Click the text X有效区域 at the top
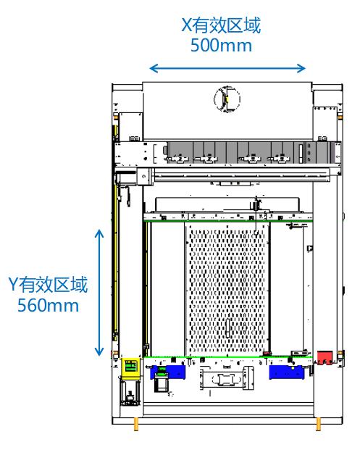pos(221,25)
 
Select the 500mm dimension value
pos(221,46)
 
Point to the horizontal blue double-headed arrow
pos(227,68)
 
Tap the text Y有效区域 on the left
pos(48,285)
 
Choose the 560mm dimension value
pos(48,305)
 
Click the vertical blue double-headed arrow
pos(99,293)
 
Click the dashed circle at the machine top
pos(227,99)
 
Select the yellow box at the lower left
pos(130,368)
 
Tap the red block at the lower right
pos(325,358)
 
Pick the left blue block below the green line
pos(168,372)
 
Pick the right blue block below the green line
pos(286,372)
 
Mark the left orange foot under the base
pos(135,424)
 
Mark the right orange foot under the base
pos(319,424)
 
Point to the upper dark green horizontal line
pos(227,221)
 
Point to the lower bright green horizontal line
pos(227,357)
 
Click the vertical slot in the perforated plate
pos(227,328)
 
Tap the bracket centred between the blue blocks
pos(227,378)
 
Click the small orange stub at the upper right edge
pos(340,117)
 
